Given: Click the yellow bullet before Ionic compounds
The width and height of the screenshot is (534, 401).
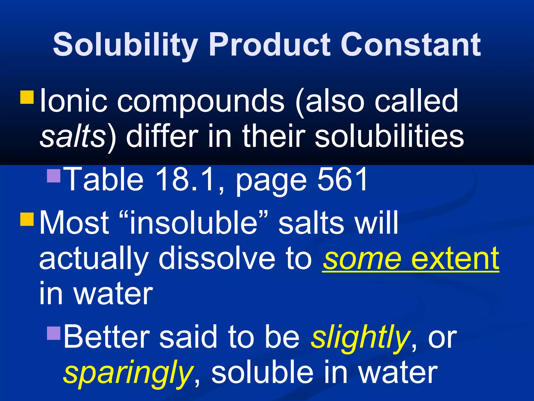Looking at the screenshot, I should pos(27,97).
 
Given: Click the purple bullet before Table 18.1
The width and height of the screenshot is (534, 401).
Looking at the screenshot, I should pos(54,176).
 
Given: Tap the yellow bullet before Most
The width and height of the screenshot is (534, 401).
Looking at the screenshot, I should pos(27,219).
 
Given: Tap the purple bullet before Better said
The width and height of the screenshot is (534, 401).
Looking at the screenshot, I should pos(54,333).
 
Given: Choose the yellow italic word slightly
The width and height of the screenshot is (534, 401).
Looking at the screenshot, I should pos(360,338).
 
